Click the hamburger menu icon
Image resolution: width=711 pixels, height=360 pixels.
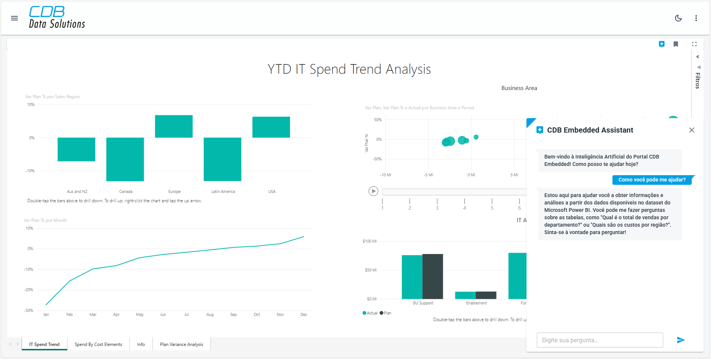tap(14, 18)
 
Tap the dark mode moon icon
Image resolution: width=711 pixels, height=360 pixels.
tap(678, 18)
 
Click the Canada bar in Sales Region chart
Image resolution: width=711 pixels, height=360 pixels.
tap(125, 159)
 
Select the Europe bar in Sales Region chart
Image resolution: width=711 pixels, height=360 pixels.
tap(173, 126)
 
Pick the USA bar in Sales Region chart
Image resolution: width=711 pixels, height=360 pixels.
tap(271, 127)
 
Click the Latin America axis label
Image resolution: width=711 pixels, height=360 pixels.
tap(223, 191)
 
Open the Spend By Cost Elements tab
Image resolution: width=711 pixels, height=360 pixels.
tap(98, 344)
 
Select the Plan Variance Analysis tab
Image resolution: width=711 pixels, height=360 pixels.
tap(182, 344)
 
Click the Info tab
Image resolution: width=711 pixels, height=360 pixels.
tap(141, 344)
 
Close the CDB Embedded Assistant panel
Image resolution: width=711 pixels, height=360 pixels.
tap(691, 130)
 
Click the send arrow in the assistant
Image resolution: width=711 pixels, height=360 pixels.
tap(681, 340)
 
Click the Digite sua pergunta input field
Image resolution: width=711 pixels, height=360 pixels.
tap(599, 340)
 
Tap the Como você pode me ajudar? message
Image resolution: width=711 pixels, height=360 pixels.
tap(652, 180)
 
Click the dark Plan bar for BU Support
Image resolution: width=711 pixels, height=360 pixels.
tap(432, 276)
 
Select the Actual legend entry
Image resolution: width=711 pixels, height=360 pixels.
tap(370, 313)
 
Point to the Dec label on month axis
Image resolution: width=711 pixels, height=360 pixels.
tap(304, 314)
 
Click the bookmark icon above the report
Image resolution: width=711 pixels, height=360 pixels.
tap(676, 44)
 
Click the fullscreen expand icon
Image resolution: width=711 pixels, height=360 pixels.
tap(694, 44)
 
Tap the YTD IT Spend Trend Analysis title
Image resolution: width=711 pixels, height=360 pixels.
tap(349, 69)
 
